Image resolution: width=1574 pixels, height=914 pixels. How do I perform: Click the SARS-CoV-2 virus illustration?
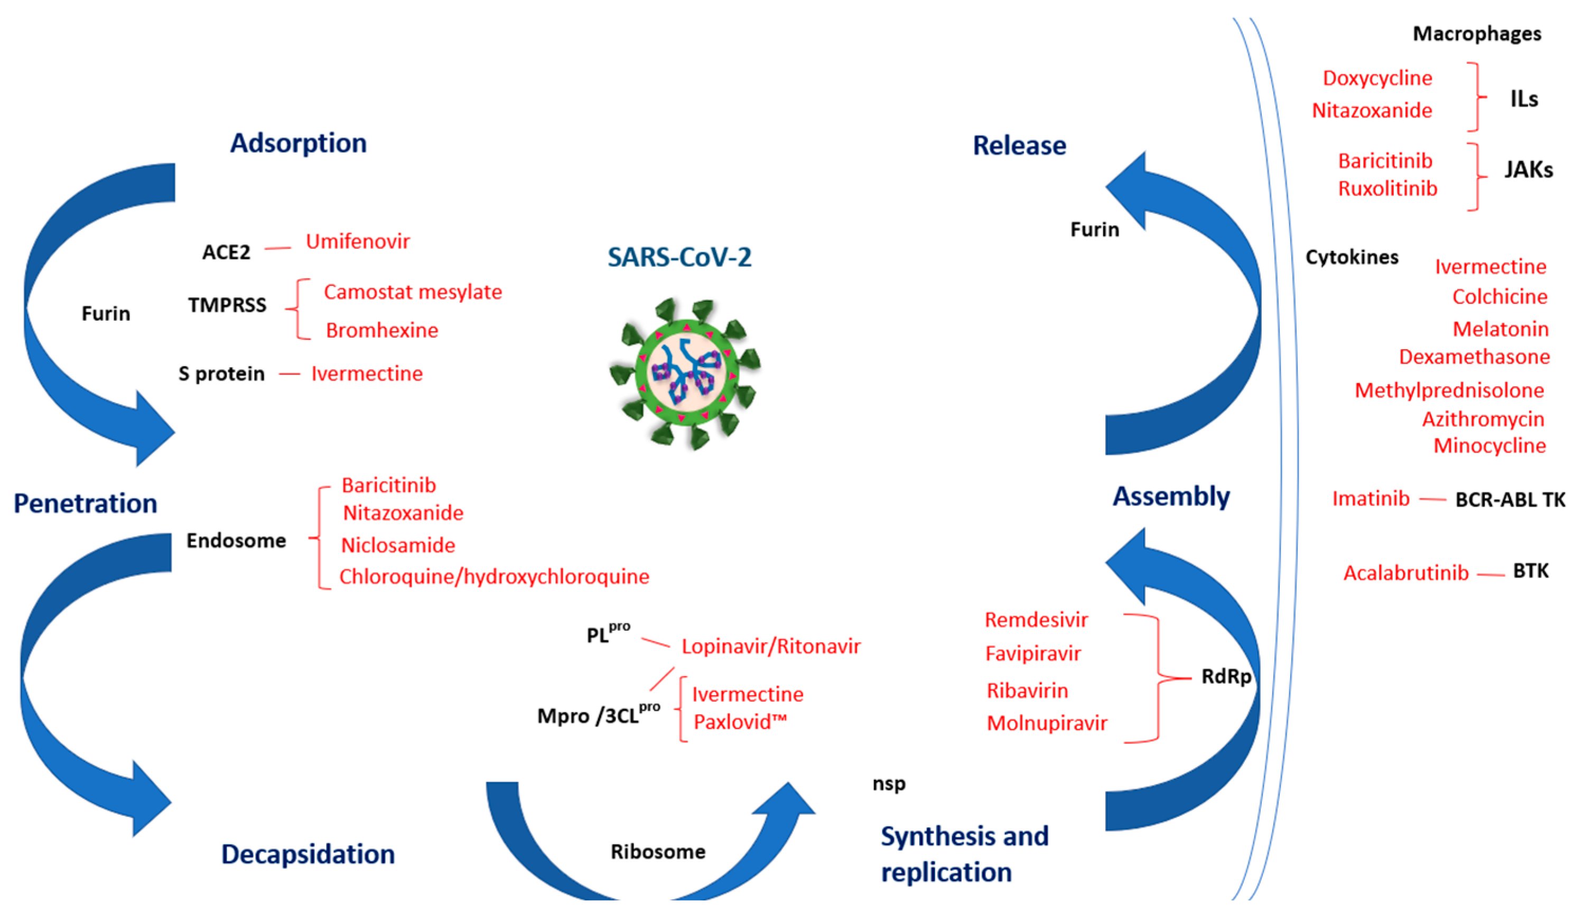click(x=685, y=373)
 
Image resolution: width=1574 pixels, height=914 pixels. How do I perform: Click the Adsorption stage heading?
click(x=298, y=143)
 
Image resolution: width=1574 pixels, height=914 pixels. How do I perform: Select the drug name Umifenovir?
click(x=357, y=241)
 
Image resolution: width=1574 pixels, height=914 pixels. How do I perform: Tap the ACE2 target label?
click(x=226, y=253)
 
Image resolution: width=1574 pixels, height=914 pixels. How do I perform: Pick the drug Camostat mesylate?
click(x=412, y=292)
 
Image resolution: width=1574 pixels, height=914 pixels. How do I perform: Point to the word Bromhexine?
click(x=381, y=330)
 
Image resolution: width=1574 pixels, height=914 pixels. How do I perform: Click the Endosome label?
click(x=236, y=540)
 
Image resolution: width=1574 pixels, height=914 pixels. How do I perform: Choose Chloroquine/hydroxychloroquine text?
click(x=493, y=576)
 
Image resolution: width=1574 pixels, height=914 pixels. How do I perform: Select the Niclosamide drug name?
click(x=398, y=545)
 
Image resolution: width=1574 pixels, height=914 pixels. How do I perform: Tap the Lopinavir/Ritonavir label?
click(x=770, y=646)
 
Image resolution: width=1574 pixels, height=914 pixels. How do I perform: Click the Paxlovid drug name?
click(x=740, y=722)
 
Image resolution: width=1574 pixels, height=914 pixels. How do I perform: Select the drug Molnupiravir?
click(x=1046, y=723)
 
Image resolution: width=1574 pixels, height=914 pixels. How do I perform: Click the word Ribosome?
click(x=658, y=852)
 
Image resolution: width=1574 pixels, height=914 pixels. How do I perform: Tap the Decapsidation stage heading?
click(x=308, y=854)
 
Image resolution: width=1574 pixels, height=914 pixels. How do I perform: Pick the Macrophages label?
click(x=1477, y=34)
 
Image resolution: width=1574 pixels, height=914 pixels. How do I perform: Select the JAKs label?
click(x=1528, y=169)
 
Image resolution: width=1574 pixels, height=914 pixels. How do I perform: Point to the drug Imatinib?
click(x=1371, y=499)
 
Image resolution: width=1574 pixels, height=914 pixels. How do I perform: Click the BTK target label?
click(x=1530, y=571)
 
